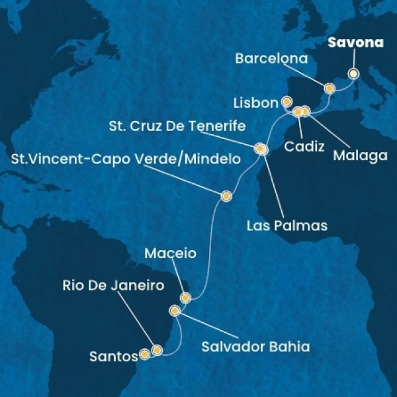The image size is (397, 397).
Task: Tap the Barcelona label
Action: coord(272,59)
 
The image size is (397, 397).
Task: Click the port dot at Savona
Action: coord(353,74)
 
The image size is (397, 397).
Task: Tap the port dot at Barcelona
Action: coord(329,88)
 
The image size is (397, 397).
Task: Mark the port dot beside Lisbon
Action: coord(287,102)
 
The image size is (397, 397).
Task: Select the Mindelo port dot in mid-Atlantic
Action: coord(227,195)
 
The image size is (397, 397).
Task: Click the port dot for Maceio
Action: coord(185,298)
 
